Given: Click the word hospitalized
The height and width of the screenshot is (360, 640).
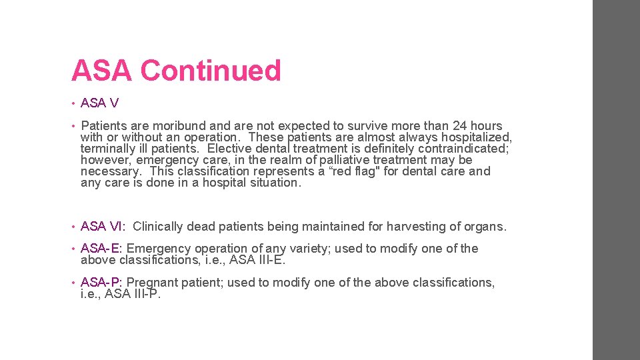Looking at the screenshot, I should point(479,137).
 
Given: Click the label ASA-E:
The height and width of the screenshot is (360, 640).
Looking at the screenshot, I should point(101,249).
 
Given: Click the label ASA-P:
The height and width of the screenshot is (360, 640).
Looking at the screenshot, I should point(101,283).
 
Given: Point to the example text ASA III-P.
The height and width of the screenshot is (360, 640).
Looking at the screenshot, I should point(133,294).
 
